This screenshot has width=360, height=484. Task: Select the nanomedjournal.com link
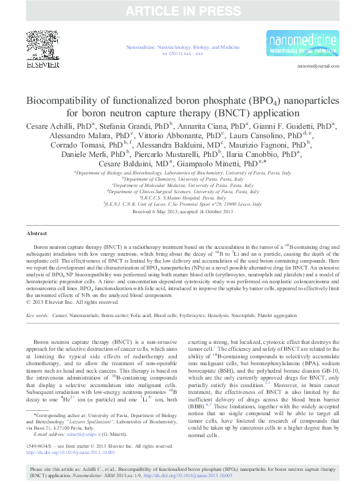click(x=318, y=66)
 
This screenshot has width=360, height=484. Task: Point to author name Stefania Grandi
click(x=112, y=126)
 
